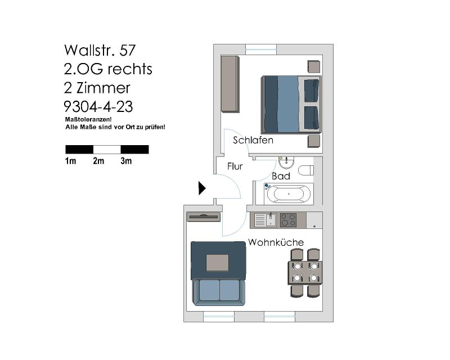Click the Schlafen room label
pyautogui.click(x=253, y=140)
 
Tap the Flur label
pyautogui.click(x=235, y=166)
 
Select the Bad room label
pyautogui.click(x=281, y=176)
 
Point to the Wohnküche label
pyautogui.click(x=276, y=242)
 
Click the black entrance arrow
pyautogui.click(x=202, y=188)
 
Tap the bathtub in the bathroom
pyautogui.click(x=289, y=193)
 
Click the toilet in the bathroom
pyautogui.click(x=306, y=170)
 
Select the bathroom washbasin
pyautogui.click(x=286, y=163)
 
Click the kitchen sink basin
pyautogui.click(x=271, y=220)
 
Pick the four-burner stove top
pyautogui.click(x=288, y=220)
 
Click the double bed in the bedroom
pyautogui.click(x=291, y=104)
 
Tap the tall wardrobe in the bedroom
pyautogui.click(x=230, y=84)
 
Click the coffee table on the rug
pyautogui.click(x=218, y=263)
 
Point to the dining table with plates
pyautogui.click(x=305, y=273)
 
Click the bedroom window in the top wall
pyautogui.click(x=261, y=49)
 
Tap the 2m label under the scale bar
pyautogui.click(x=98, y=161)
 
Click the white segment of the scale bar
pyautogui.click(x=107, y=150)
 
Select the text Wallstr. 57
pyautogui.click(x=100, y=50)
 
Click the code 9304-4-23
pyautogui.click(x=98, y=107)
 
